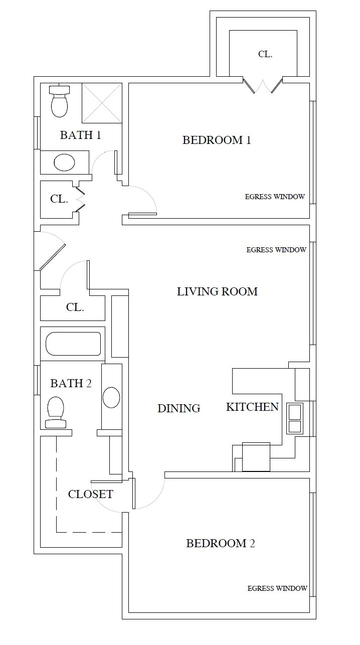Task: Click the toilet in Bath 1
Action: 59,101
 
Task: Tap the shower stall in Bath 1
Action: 102,103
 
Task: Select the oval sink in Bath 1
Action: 64,163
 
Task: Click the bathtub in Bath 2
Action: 73,344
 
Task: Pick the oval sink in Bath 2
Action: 111,397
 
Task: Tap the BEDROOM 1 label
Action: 217,140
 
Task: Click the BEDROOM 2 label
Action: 221,543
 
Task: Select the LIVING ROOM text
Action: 217,291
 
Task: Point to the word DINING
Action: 179,408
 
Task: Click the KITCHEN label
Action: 252,407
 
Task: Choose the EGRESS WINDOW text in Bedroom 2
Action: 277,588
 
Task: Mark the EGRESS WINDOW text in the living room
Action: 276,250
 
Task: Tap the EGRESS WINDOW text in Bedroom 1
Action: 275,197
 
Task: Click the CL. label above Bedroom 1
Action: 265,54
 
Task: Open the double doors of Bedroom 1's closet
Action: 263,86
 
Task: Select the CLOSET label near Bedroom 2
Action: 91,494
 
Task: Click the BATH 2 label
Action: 71,384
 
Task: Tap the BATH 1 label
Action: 81,135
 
